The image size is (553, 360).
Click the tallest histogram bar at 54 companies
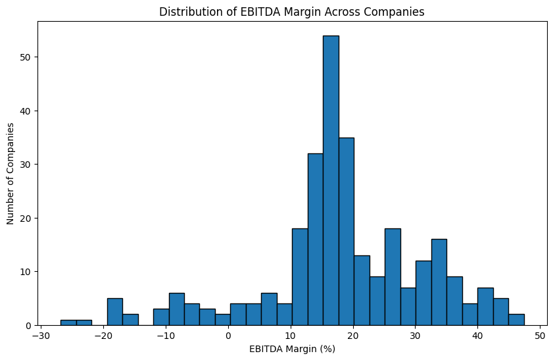point(331,180)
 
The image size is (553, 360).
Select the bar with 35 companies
point(346,231)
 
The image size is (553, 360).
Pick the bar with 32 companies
point(316,239)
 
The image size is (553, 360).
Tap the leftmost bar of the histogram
point(68,322)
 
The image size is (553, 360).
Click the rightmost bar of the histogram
point(516,320)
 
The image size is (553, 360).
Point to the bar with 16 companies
point(439,282)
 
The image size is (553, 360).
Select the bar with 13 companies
point(362,290)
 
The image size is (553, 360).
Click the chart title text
point(293,11)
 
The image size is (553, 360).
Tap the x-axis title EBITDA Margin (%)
point(293,349)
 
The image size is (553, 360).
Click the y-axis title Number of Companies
point(11,173)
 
